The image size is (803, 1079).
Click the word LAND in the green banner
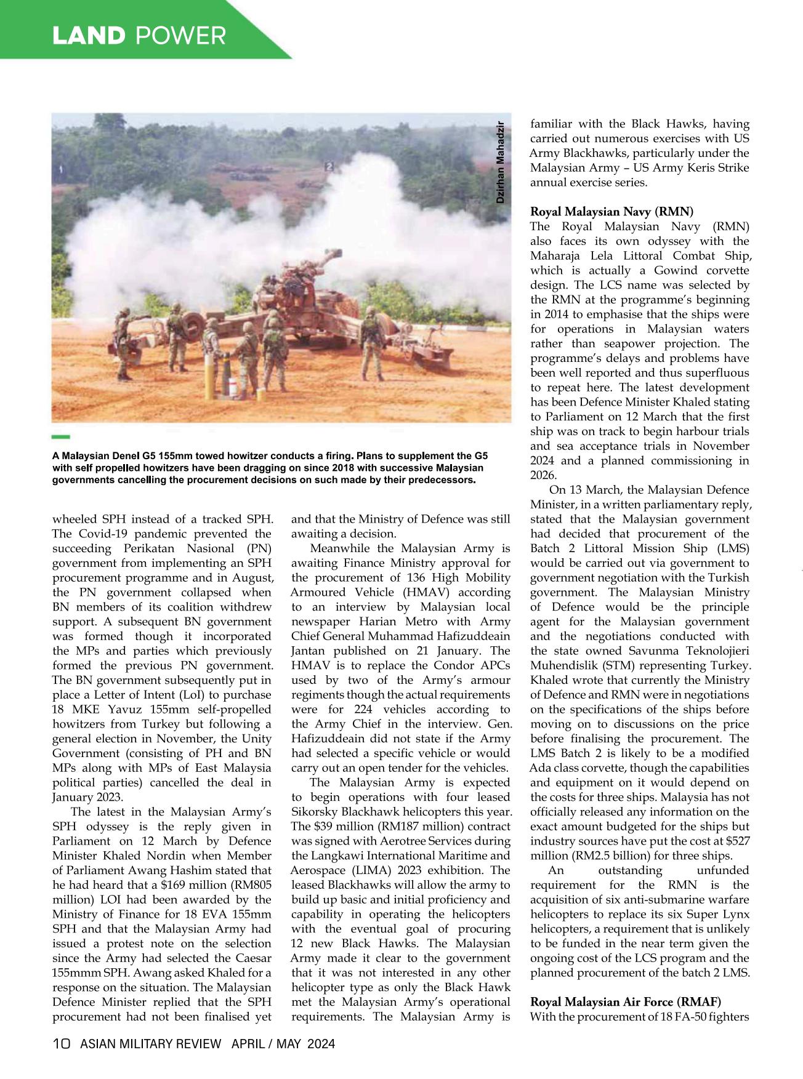(88, 36)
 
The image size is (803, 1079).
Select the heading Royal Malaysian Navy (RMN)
(611, 212)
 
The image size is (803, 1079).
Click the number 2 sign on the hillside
(329, 166)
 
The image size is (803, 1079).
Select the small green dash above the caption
(61, 437)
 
